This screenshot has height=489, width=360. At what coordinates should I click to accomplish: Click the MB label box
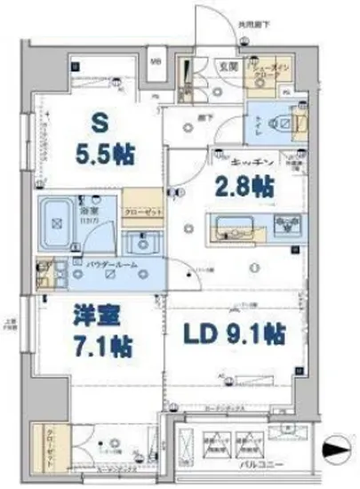pos(156,61)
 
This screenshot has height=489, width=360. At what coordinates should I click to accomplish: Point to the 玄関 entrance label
pos(228,65)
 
